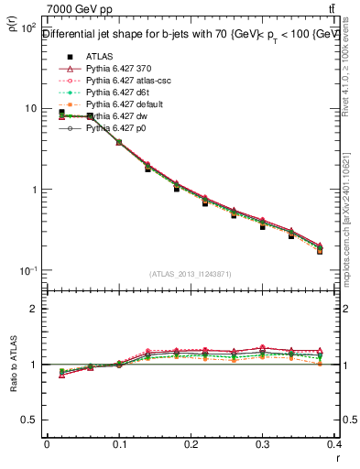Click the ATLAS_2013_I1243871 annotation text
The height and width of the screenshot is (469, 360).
[x=191, y=275]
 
